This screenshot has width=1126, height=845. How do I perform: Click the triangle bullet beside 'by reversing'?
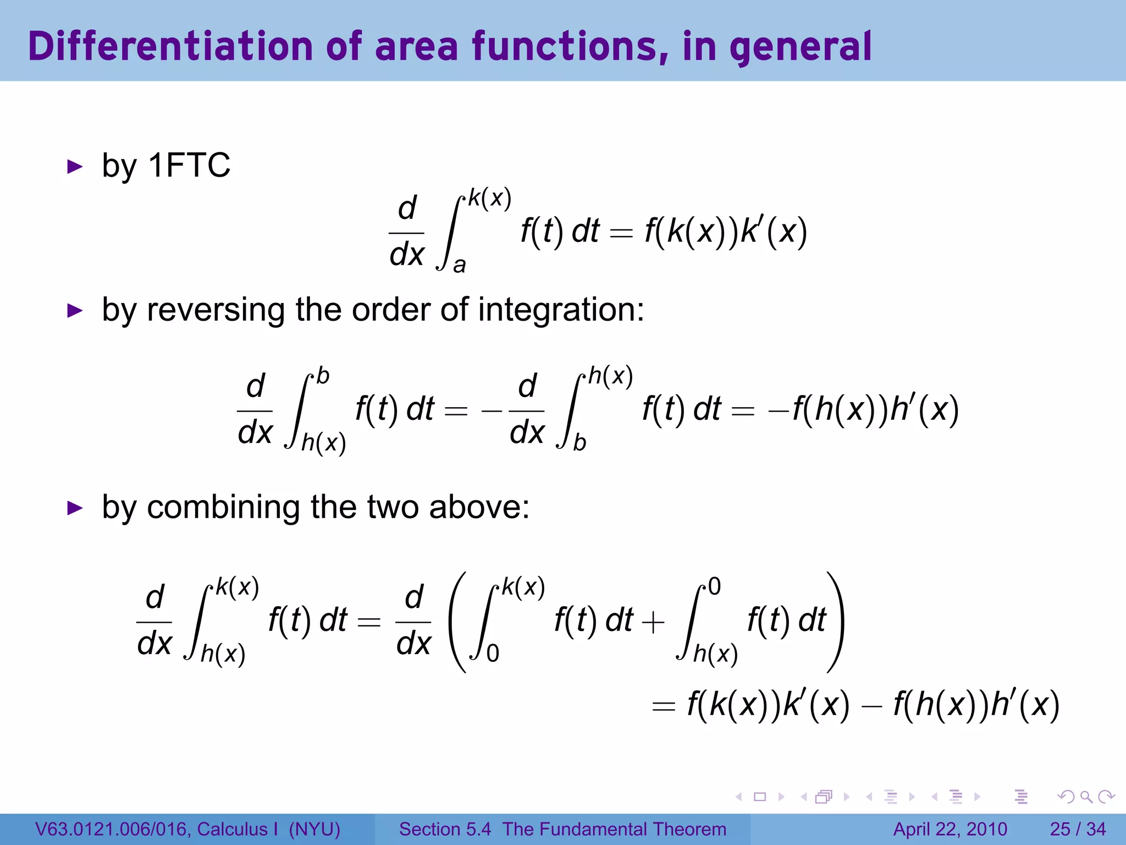(74, 310)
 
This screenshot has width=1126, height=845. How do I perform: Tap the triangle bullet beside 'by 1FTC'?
(74, 166)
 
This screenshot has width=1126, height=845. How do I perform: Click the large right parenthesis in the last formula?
(835, 622)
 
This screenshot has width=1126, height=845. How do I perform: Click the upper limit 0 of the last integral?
(714, 587)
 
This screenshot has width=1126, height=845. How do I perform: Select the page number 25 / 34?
(1078, 829)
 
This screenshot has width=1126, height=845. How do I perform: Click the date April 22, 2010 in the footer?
(950, 829)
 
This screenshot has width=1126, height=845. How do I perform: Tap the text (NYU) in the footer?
(314, 829)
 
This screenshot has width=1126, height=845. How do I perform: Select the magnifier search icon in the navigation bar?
(1086, 797)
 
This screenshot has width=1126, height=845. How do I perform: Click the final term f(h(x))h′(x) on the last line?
(976, 705)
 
